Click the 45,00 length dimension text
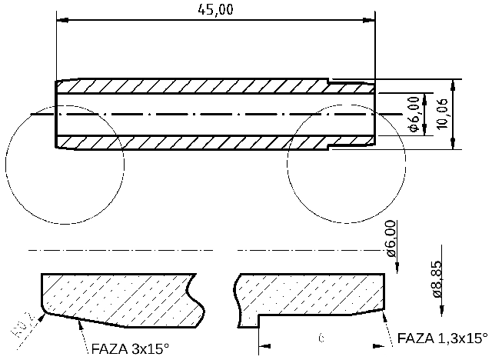point(216,9)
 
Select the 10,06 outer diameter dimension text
point(442,115)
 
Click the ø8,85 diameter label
point(437,278)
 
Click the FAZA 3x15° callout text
point(130,348)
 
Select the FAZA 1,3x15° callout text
point(443,338)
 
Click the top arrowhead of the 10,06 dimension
point(454,84)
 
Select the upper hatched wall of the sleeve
point(192,87)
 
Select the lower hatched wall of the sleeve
point(192,142)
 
